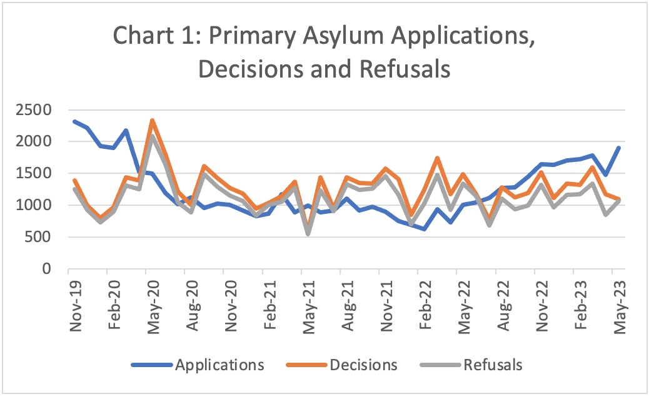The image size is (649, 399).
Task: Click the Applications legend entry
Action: click(x=219, y=364)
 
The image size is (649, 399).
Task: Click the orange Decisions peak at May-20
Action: click(x=153, y=121)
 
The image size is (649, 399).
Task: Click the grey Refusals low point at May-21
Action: click(x=308, y=233)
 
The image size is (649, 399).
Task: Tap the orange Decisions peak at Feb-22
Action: click(x=438, y=158)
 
